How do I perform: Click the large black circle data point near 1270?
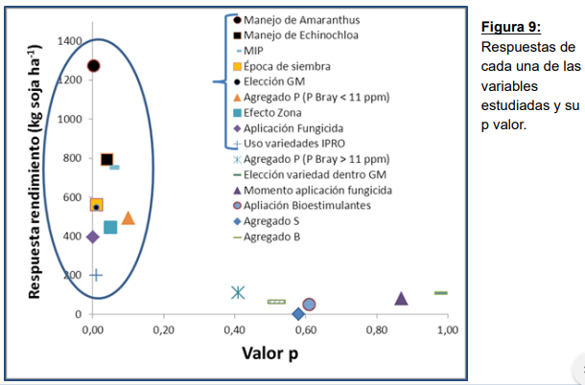tap(93, 66)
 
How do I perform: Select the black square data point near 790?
tap(106, 160)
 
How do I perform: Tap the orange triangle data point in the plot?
tap(129, 218)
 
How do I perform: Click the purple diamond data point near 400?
tap(93, 237)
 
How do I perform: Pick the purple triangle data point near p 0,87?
tap(401, 299)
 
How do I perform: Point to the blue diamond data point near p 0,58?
tap(298, 313)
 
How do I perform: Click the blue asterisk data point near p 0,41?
tap(238, 292)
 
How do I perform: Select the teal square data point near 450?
tap(110, 227)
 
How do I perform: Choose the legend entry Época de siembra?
tap(287, 66)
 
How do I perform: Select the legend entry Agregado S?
tap(274, 220)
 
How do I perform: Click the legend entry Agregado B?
tap(274, 236)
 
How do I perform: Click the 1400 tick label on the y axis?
tap(68, 41)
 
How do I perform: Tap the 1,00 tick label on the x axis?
tap(447, 330)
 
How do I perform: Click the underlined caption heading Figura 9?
tap(510, 26)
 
